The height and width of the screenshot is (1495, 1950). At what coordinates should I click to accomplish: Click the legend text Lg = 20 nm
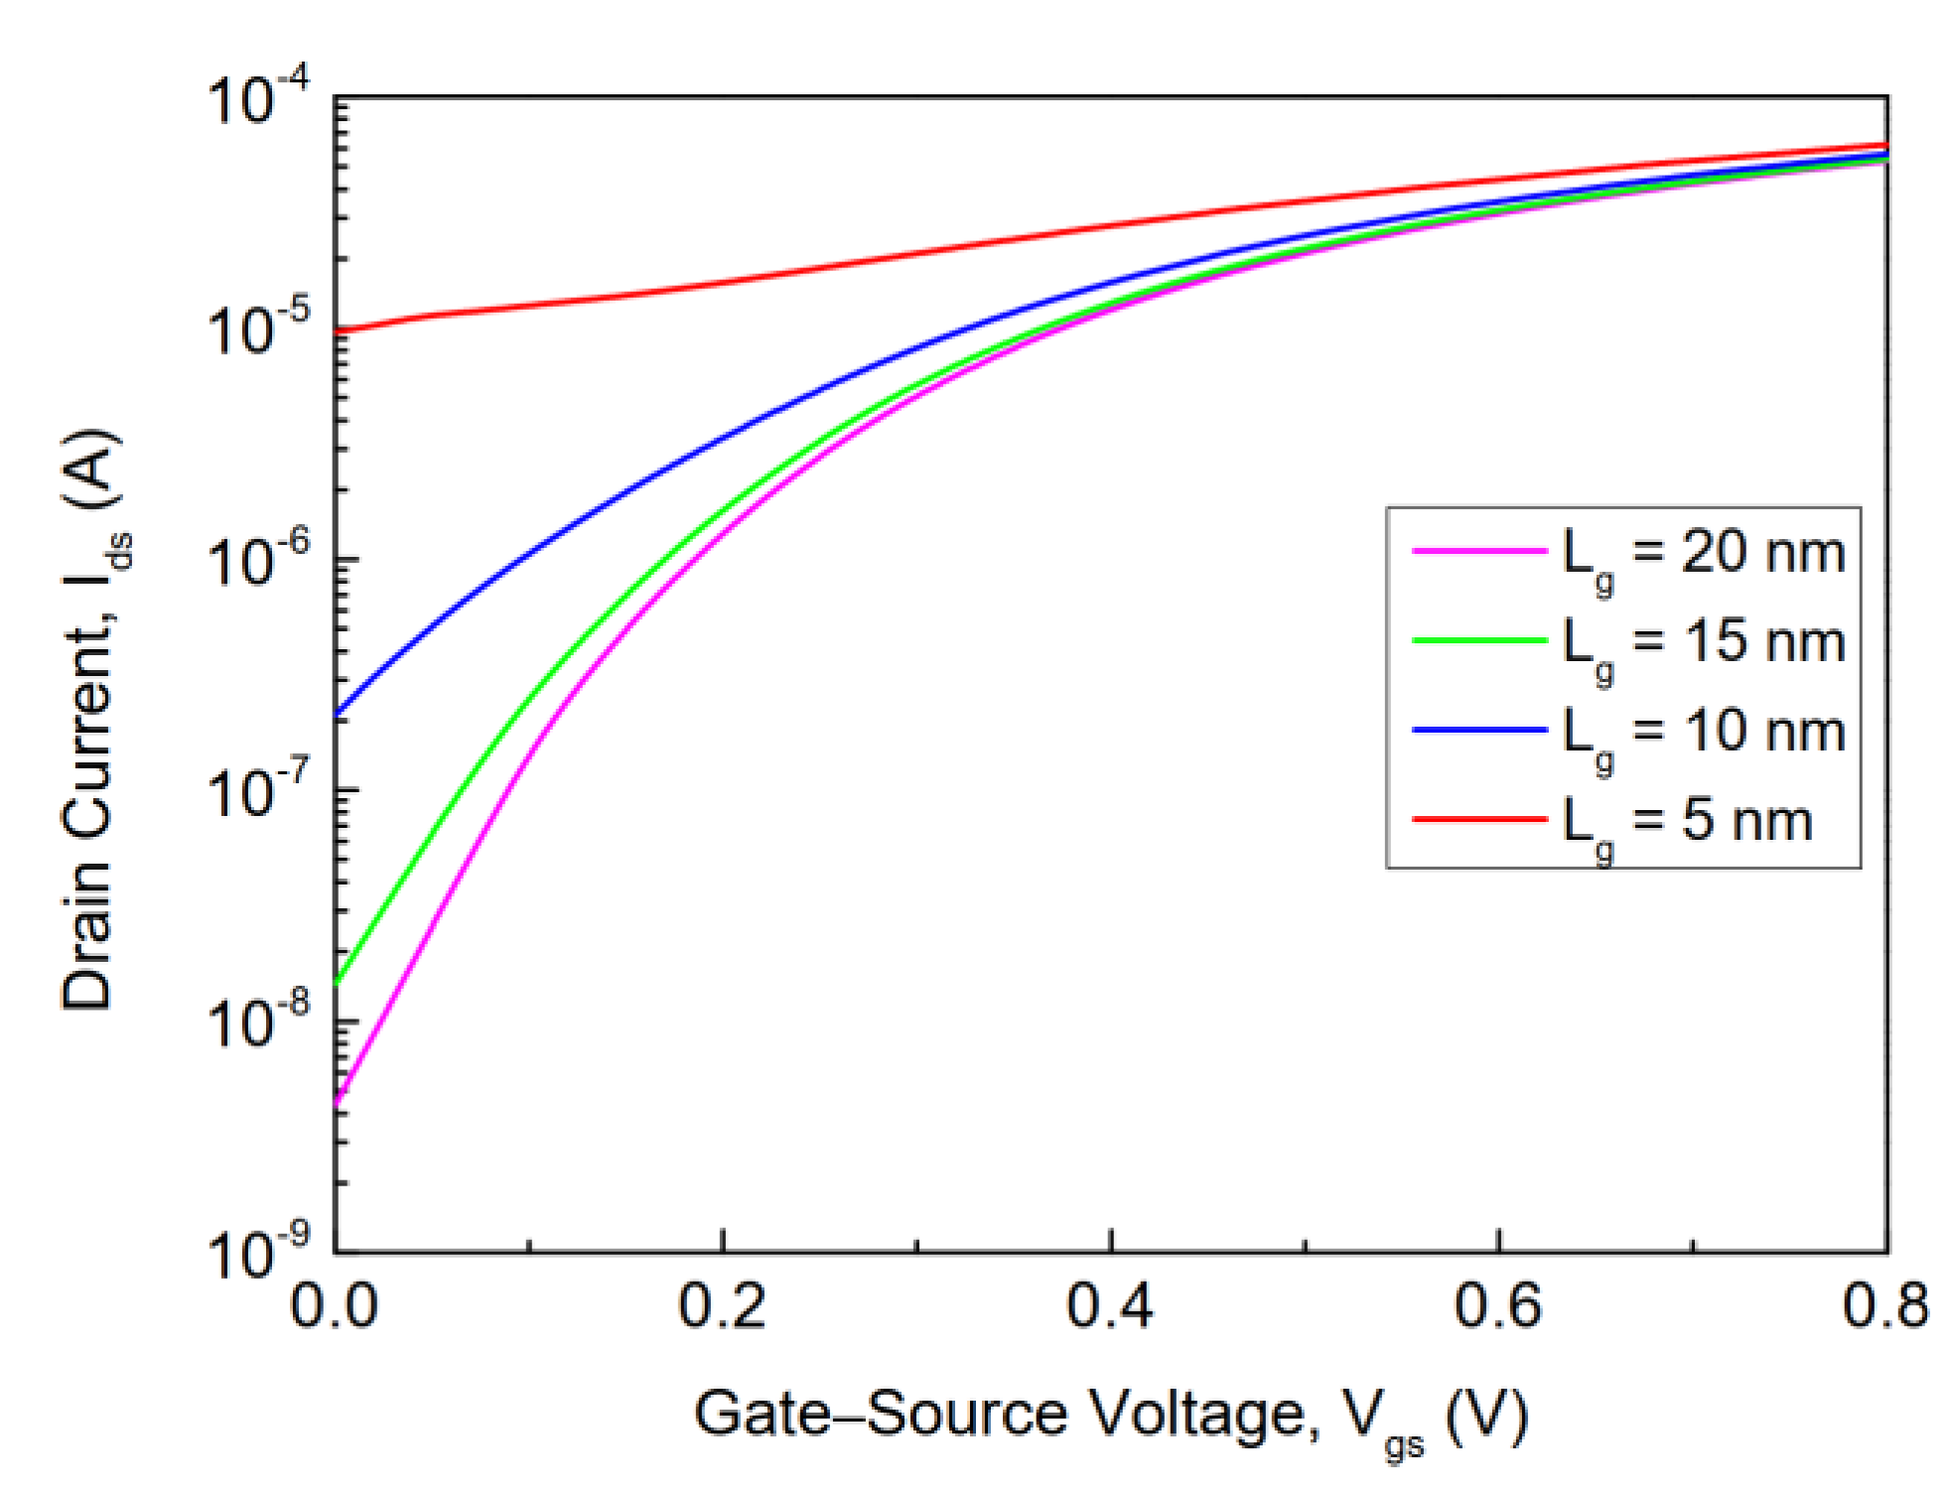[1703, 553]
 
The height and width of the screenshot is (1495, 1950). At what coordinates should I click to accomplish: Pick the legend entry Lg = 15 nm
[1703, 642]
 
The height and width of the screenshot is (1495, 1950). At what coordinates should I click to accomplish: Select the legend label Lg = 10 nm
[1703, 733]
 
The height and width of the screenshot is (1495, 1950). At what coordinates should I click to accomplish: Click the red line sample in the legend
[1479, 819]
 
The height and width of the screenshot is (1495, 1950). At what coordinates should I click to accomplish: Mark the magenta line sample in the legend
[1479, 549]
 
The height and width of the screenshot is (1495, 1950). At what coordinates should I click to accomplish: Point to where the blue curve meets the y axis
[338, 713]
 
